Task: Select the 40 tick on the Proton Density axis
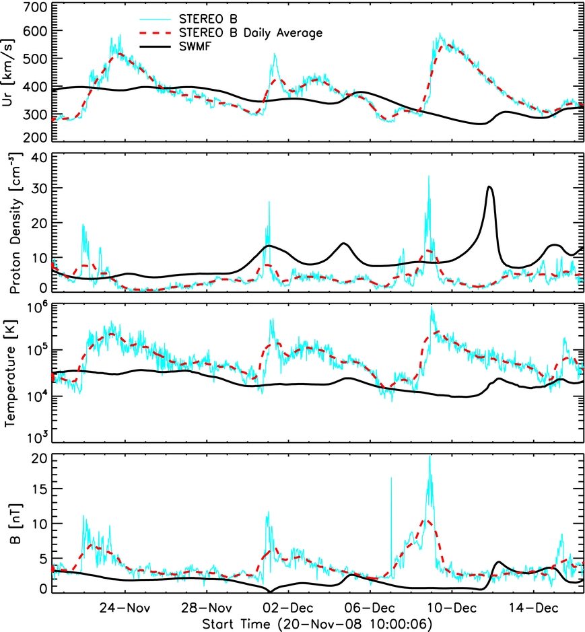(x=37, y=157)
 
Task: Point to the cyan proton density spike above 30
(x=428, y=178)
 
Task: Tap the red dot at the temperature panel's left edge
(x=53, y=376)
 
